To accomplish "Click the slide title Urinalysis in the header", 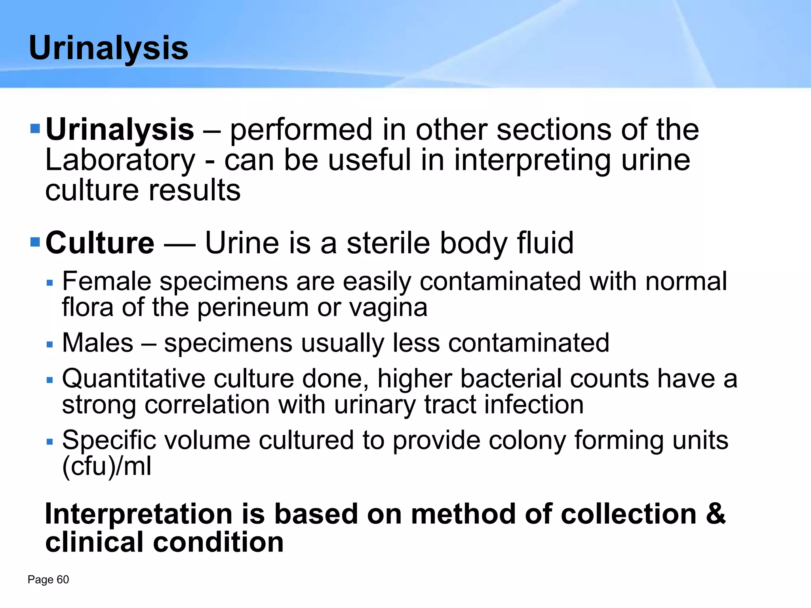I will click(109, 48).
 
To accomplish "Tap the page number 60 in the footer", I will click(63, 579).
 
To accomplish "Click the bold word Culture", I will click(100, 243).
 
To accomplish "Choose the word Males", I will click(98, 343).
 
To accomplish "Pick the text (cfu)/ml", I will click(107, 467).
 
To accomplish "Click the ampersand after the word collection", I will click(716, 514).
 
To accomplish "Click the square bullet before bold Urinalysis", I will click(35, 129).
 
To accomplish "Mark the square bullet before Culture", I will click(35, 241).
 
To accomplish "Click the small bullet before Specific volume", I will click(49, 441).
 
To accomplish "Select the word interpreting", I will click(531, 160).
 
